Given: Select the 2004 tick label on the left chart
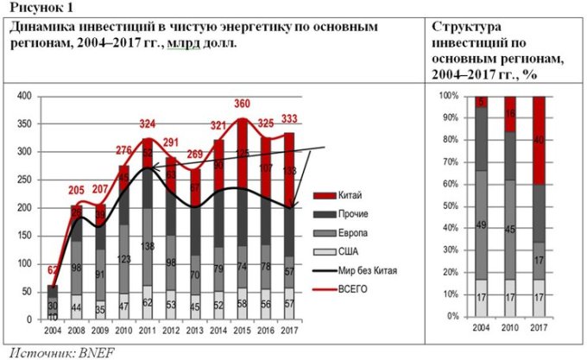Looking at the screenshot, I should [54, 329].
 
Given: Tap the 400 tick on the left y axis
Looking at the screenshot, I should [23, 95].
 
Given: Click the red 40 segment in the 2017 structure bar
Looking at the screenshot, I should [540, 140].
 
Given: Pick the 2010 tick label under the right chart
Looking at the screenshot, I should [510, 329].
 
